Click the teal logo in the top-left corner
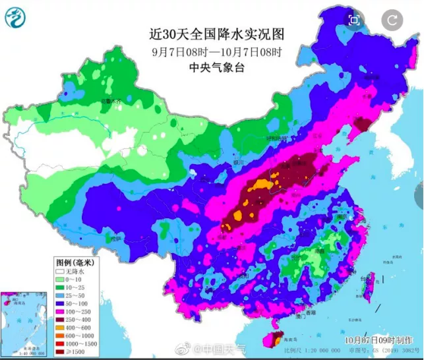tap(15, 16)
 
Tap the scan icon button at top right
tap(354, 20)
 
